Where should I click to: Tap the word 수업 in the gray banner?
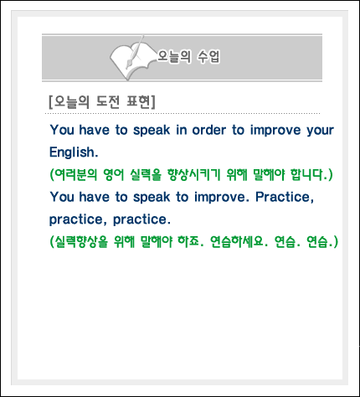208,57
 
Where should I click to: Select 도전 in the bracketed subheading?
108,102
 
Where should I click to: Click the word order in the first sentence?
209,130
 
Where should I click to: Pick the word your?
321,131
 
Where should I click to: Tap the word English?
74,152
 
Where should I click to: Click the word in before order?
182,130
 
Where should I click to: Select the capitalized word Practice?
285,197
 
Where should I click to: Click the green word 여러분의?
74,175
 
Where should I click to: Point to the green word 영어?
114,175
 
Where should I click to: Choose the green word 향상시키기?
194,175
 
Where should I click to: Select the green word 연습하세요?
239,242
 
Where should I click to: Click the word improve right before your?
275,131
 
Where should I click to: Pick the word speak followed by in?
152,131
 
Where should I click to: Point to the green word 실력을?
146,175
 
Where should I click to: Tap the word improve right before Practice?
222,198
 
